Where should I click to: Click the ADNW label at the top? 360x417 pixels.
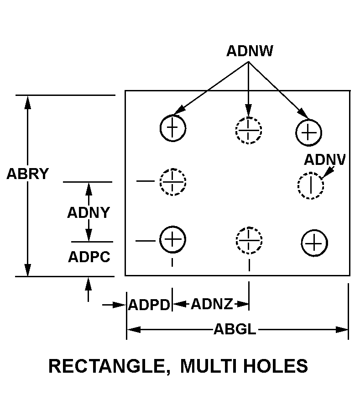point(249,51)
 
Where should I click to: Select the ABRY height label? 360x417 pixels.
point(27,174)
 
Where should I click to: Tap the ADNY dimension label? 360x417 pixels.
point(89,213)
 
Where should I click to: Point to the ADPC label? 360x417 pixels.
point(89,257)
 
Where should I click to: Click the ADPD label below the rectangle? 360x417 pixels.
point(149,305)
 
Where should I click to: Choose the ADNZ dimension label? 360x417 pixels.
point(211,304)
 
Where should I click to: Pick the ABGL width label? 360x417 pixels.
point(235,329)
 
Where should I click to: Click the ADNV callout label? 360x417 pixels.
point(325,160)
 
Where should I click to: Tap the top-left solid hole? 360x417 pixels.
point(172,127)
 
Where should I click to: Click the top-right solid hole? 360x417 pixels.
point(309,132)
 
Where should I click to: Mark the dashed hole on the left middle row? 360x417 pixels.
point(173,182)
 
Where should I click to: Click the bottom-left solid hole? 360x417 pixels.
point(172,239)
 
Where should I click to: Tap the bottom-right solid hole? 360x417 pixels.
point(314,243)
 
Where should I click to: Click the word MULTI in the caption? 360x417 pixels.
point(208,366)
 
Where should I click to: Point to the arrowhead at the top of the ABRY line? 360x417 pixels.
point(28,101)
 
